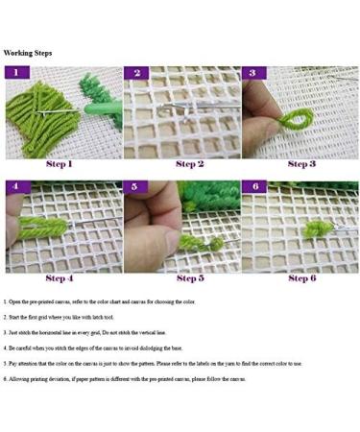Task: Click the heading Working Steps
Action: (28, 53)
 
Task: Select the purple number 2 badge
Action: (136, 73)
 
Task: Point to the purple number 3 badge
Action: (252, 73)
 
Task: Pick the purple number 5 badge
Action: (136, 186)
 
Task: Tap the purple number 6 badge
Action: (252, 186)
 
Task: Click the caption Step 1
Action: (60, 165)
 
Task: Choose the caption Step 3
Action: (300, 165)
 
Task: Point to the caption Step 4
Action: (60, 278)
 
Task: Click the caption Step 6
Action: (300, 278)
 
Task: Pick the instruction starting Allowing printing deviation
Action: (125, 379)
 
